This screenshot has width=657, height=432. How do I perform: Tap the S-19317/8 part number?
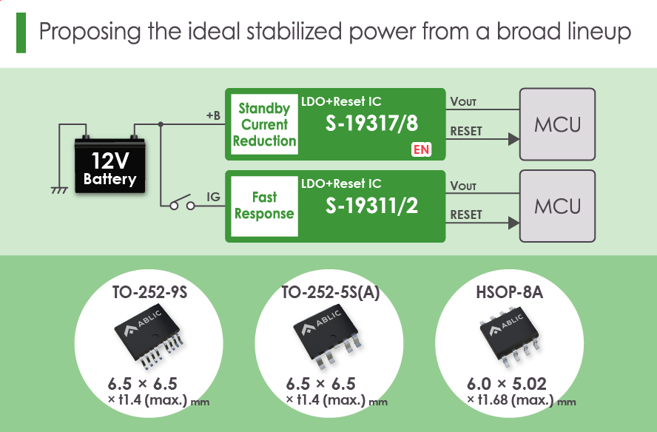point(371,124)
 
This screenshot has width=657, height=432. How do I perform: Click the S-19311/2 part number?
point(371,206)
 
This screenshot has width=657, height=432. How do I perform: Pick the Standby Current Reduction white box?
point(264,124)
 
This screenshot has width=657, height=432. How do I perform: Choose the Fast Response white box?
point(264,206)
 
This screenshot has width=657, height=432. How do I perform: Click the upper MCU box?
point(558,124)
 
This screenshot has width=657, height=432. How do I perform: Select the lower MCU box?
point(558,206)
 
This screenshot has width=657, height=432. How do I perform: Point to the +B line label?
point(213,115)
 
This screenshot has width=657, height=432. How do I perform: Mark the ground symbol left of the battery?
point(58,190)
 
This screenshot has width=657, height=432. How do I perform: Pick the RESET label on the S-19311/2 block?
point(465,215)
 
